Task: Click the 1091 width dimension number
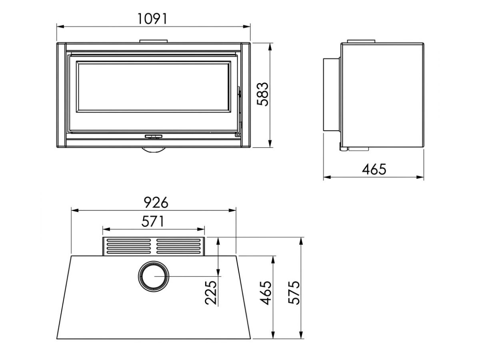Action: coord(152,19)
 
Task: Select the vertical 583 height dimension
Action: coord(262,94)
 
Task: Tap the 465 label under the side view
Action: coord(374,169)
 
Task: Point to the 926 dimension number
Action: coord(156,202)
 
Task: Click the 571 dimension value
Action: coord(153,222)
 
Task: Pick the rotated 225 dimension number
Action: coord(211,292)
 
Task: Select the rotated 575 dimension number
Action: coord(294,292)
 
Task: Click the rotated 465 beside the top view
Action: coord(266,292)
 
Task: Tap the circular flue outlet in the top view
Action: coord(154,276)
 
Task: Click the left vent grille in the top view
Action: coord(129,246)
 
